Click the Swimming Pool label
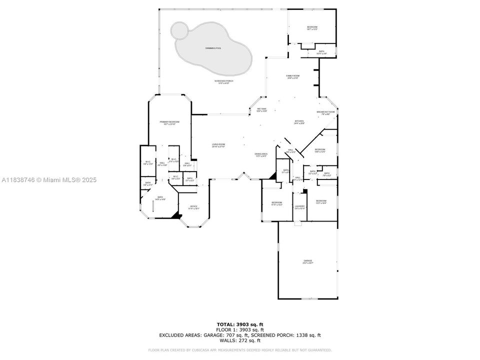click(213, 48)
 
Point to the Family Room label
click(292, 76)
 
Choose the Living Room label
click(218, 145)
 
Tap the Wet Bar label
click(261, 109)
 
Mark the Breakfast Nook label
click(325, 112)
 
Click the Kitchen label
click(299, 121)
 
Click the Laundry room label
click(299, 207)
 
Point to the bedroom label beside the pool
click(312, 28)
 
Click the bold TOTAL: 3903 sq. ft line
click(239, 324)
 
